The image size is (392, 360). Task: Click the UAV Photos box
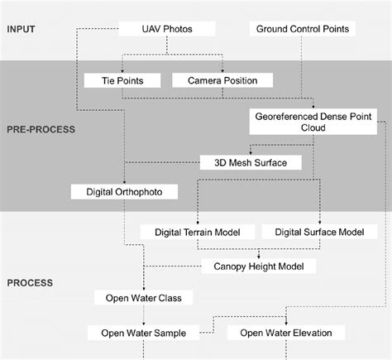pos(167,30)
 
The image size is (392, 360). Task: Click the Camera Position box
pos(222,81)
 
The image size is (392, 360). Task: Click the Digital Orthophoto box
pos(131,192)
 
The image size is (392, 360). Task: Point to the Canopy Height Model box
pos(258,266)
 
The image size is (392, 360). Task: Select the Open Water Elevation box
pos(286,334)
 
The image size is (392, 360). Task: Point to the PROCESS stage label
pos(30,283)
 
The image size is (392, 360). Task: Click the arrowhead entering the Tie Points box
pos(122,71)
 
